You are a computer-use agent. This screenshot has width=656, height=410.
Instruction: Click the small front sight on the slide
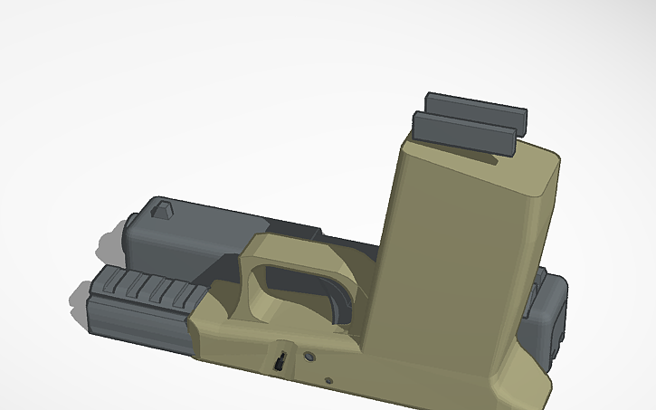tap(162, 212)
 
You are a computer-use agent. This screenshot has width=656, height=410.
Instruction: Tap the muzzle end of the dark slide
tap(127, 237)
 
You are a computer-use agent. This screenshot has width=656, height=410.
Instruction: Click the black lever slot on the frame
tap(282, 359)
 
